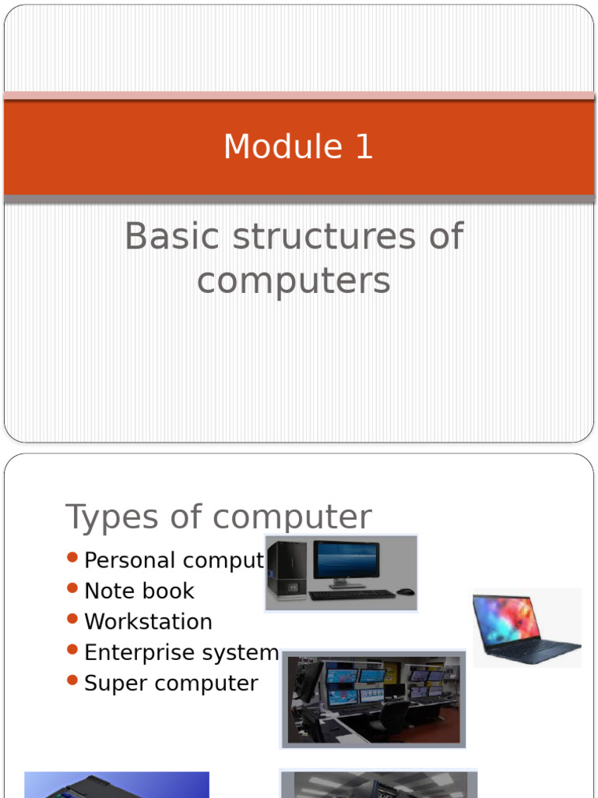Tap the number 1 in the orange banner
pyautogui.click(x=364, y=147)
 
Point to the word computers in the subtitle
pyautogui.click(x=294, y=281)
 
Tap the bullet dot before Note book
pyautogui.click(x=73, y=588)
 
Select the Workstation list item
pyautogui.click(x=148, y=622)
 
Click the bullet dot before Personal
pyautogui.click(x=73, y=557)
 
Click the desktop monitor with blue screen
pyautogui.click(x=346, y=563)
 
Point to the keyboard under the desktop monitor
pyautogui.click(x=352, y=595)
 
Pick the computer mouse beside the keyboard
pyautogui.click(x=405, y=591)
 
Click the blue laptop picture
pyautogui.click(x=526, y=627)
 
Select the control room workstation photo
pyautogui.click(x=374, y=699)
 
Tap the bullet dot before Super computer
pyautogui.click(x=73, y=680)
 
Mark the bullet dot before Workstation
pyautogui.click(x=73, y=619)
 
